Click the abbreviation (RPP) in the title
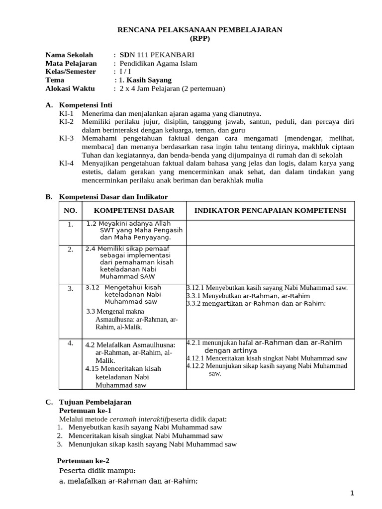click(199, 38)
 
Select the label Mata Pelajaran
click(71, 63)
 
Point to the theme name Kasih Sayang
click(149, 80)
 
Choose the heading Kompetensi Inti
click(86, 105)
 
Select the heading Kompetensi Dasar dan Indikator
click(113, 197)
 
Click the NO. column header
click(71, 211)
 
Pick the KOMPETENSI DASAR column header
click(134, 211)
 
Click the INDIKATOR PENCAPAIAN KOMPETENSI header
click(270, 211)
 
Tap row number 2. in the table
click(71, 249)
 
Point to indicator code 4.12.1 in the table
click(195, 358)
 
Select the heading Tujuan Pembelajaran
click(95, 402)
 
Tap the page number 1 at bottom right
click(352, 493)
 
